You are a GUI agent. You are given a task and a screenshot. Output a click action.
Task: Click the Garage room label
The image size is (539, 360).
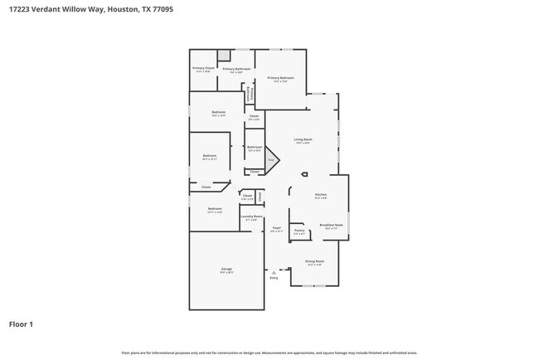tap(226, 269)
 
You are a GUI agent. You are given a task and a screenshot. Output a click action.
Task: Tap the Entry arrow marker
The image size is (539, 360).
tap(274, 271)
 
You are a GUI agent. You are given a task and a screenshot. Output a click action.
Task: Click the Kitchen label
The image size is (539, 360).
tap(320, 195)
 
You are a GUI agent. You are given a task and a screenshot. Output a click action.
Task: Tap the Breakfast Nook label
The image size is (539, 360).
tap(331, 225)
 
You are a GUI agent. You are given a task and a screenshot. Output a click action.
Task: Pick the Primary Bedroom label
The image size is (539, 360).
tap(280, 78)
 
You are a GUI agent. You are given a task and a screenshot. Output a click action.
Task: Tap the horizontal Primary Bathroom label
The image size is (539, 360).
tap(236, 69)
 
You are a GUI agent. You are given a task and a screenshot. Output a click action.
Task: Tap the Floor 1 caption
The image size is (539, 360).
tap(21, 324)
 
